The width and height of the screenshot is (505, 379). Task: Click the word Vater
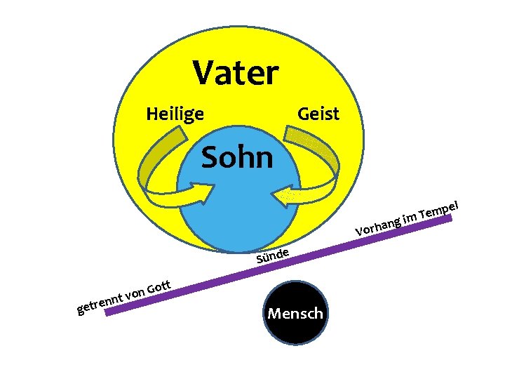click(236, 72)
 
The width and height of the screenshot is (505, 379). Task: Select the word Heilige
click(175, 113)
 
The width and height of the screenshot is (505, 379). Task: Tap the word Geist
click(318, 113)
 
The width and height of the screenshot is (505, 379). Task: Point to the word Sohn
click(236, 158)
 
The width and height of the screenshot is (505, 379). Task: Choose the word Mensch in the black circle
click(295, 313)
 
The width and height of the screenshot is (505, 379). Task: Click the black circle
click(295, 333)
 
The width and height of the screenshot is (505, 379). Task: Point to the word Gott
click(160, 286)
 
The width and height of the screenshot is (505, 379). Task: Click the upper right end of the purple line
click(448, 219)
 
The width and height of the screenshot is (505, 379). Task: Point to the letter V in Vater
click(203, 72)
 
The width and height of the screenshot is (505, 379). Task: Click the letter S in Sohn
click(210, 158)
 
